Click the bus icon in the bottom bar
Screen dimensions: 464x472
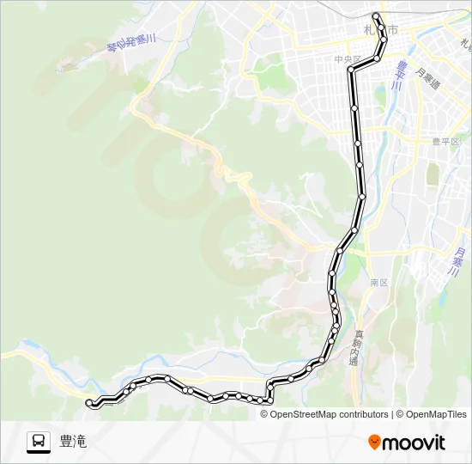pyautogui.click(x=38, y=442)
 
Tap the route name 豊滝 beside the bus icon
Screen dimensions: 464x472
pyautogui.click(x=73, y=442)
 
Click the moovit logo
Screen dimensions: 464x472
pyautogui.click(x=407, y=443)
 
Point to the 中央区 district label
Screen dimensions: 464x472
pyautogui.click(x=348, y=58)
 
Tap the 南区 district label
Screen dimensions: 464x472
pyautogui.click(x=379, y=282)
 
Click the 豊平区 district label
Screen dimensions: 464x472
pyautogui.click(x=445, y=142)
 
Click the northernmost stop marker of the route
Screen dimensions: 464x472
pyautogui.click(x=375, y=16)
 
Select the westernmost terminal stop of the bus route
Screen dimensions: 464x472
pyautogui.click(x=90, y=401)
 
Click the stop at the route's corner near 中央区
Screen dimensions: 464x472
pyautogui.click(x=351, y=69)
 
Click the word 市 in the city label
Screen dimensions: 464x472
pyautogui.click(x=393, y=30)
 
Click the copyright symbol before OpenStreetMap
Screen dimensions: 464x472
pyautogui.click(x=264, y=414)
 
